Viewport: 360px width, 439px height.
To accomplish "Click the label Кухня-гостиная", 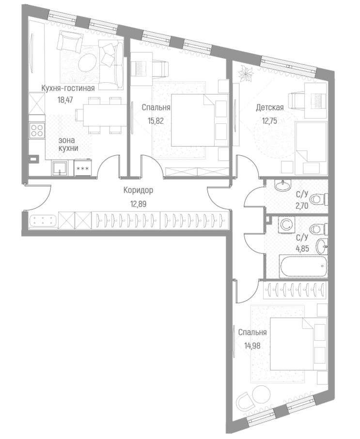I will coord(68,88).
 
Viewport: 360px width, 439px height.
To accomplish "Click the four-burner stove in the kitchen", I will coord(37,130).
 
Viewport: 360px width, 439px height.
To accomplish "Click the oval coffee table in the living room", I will coord(88,61).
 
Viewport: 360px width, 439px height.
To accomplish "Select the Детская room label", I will coord(270,108).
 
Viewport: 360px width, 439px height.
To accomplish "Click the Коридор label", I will coord(138,191).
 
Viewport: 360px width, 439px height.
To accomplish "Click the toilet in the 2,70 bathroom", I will coord(318,199).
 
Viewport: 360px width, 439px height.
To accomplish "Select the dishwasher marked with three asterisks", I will coord(82,168).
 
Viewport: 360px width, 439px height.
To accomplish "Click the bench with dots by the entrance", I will coord(43,221).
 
